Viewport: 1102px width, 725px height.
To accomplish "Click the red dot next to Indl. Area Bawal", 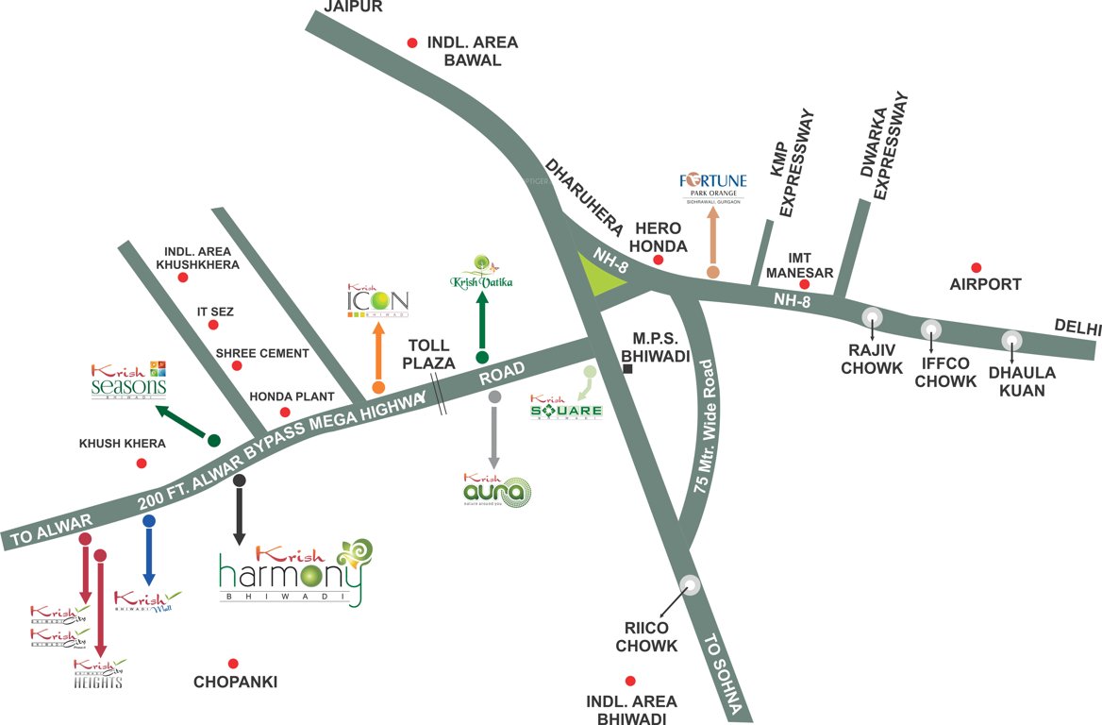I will coord(411,42).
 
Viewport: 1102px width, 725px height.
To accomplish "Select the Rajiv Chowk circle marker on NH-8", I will coord(873,317).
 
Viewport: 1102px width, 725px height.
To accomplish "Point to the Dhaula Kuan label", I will coord(1023,380).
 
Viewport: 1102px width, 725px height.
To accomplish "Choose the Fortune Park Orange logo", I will coord(713,186).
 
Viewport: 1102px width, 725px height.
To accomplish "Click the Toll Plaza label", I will coord(428,354).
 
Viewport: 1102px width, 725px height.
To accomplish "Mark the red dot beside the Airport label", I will coord(977,268).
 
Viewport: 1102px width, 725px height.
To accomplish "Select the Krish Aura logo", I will coord(497,490).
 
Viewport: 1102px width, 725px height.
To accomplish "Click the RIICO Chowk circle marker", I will coord(692,585).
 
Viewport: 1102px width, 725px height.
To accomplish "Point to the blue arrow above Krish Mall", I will coord(148,552).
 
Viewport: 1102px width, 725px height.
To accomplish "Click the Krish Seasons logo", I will coord(129,380).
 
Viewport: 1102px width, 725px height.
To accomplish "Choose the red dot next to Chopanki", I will coord(233,664).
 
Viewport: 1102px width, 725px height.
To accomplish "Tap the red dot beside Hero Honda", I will coord(658,259).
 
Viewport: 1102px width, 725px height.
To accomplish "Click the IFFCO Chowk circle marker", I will coord(931,329).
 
